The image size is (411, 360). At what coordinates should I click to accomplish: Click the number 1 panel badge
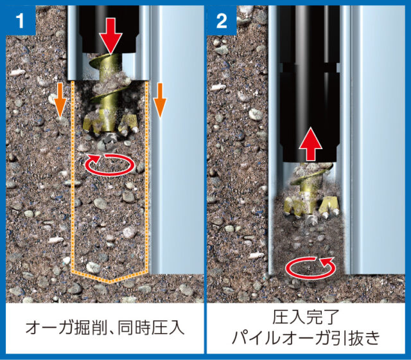(x=21, y=20)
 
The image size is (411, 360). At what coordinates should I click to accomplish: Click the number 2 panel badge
(x=222, y=20)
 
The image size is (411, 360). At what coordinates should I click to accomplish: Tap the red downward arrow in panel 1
(x=110, y=36)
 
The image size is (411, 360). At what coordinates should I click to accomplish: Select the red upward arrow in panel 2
(x=310, y=144)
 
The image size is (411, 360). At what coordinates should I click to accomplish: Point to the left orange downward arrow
(x=60, y=100)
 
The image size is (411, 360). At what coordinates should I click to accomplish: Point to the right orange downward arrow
(x=160, y=100)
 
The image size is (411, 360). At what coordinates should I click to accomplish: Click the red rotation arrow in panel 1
(x=110, y=165)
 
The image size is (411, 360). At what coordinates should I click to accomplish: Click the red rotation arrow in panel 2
(x=311, y=267)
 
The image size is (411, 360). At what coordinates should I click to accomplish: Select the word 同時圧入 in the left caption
(x=152, y=327)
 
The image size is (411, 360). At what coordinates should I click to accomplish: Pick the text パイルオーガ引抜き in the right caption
(x=306, y=337)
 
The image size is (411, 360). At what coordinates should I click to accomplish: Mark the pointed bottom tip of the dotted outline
(x=109, y=282)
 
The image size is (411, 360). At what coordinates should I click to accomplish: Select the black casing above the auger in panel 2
(x=309, y=84)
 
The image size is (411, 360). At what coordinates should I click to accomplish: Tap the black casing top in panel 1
(x=109, y=29)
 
